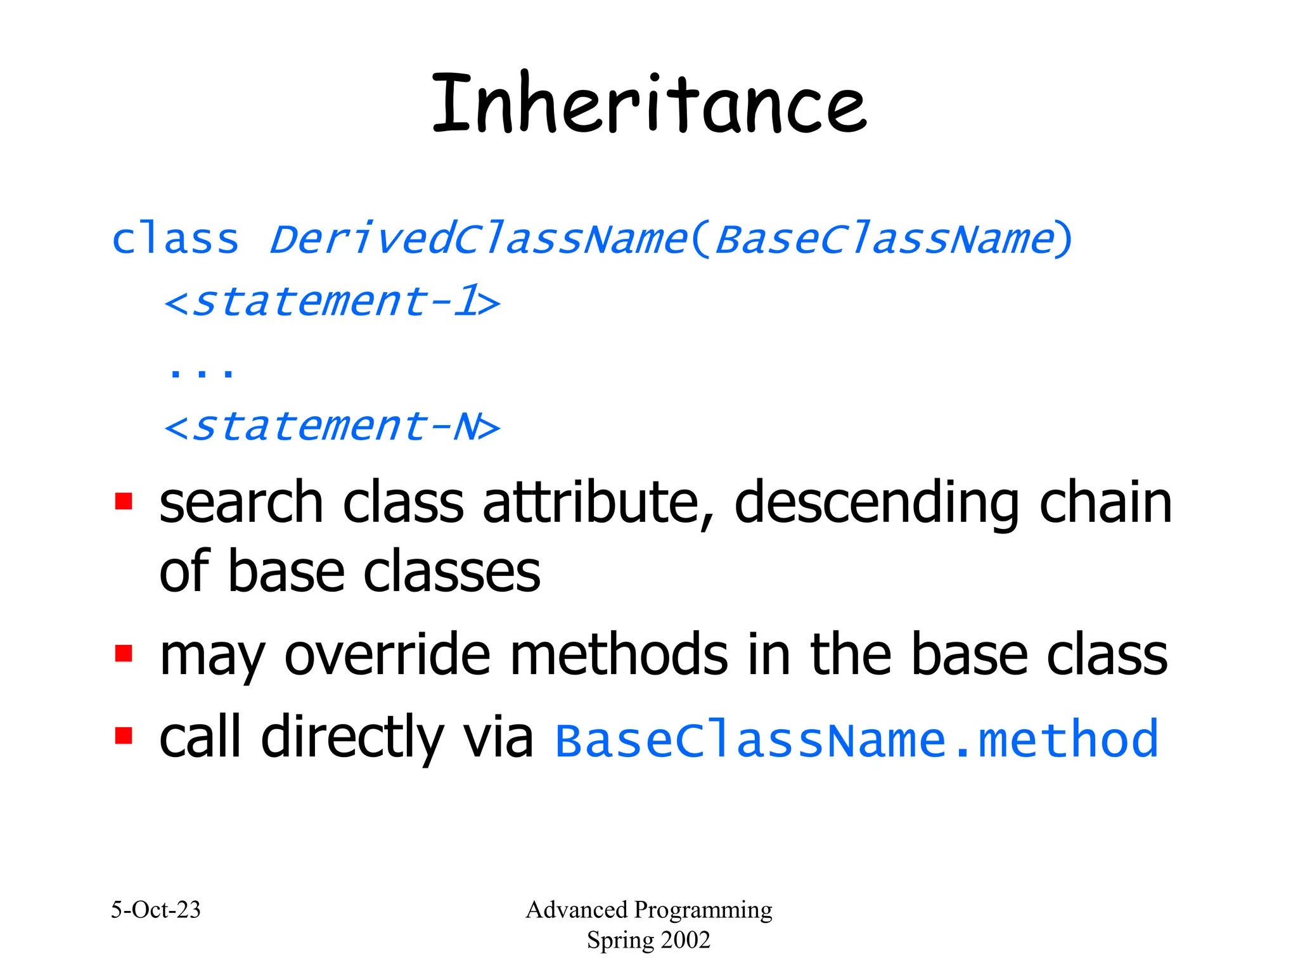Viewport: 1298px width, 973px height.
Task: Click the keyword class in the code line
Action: [176, 239]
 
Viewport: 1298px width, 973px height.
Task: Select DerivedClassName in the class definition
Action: [479, 239]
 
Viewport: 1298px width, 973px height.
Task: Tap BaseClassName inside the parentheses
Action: [884, 239]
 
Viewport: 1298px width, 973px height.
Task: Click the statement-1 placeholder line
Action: [331, 302]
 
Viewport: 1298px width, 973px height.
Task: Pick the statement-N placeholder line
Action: [331, 426]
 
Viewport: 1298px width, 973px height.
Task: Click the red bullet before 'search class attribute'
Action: [124, 502]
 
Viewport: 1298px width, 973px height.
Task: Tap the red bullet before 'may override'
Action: [124, 653]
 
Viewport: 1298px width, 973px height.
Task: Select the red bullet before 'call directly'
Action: [124, 736]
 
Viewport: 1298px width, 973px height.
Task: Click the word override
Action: [387, 655]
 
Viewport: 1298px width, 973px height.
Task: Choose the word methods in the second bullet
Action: [619, 655]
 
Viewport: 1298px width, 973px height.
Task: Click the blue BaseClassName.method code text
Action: [856, 740]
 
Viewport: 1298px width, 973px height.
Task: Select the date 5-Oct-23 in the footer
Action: [156, 910]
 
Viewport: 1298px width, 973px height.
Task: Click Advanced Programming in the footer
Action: [648, 910]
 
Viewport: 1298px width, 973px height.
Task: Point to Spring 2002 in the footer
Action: [648, 940]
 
